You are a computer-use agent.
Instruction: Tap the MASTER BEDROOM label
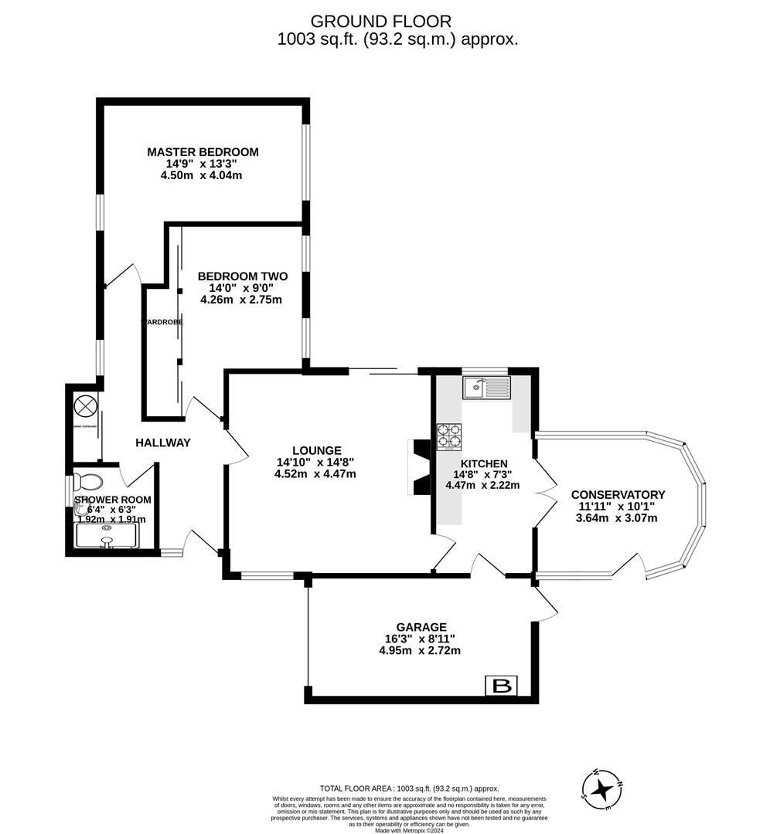pos(203,152)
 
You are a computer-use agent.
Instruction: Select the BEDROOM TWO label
pos(243,276)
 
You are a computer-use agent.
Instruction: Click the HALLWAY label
pos(162,442)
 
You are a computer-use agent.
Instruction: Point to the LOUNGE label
pos(316,450)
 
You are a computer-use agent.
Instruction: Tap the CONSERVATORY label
pos(618,495)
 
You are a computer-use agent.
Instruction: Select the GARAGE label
pos(421,627)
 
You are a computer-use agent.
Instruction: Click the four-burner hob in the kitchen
pos(450,436)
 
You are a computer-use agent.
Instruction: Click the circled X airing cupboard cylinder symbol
pos(86,404)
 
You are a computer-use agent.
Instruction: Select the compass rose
pos(603,788)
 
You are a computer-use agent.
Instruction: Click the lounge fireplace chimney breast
pos(421,466)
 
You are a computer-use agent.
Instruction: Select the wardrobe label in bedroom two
pos(162,321)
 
